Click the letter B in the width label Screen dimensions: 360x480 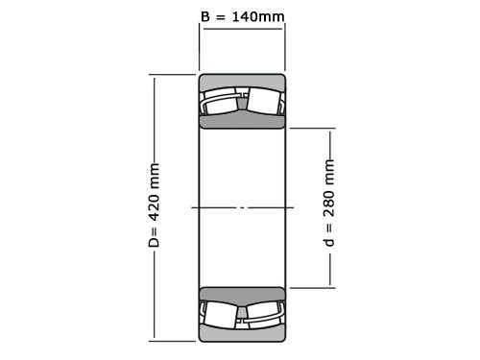[204, 16]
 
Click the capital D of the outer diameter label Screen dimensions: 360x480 [154, 242]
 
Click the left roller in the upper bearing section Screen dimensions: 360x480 [220, 102]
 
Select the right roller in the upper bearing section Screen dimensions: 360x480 [265, 101]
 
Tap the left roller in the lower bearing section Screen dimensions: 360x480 [220, 313]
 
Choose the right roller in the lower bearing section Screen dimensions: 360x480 [265, 314]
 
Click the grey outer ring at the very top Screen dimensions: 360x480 [242, 80]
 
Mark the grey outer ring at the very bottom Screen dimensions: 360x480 [242, 335]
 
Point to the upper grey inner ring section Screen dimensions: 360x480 [242, 122]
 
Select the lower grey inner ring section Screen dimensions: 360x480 [242, 293]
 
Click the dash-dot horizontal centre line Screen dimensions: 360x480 [242, 207]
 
